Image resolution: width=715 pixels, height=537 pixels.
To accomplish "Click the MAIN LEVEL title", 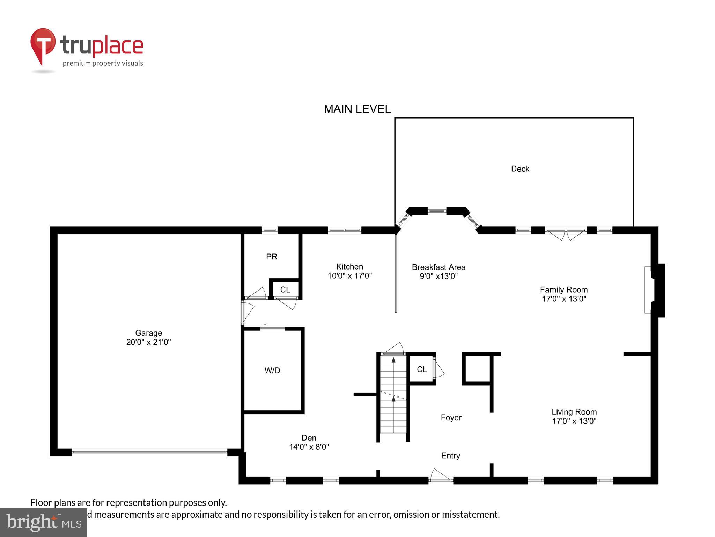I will pos(357,109).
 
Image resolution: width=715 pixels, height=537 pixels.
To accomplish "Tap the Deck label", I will pos(520,169).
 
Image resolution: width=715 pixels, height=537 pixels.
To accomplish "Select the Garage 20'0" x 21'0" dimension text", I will pos(148,342).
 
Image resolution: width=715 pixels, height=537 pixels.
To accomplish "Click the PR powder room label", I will pos(272,257).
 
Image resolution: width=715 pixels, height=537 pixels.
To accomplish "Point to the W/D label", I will pos(272,370).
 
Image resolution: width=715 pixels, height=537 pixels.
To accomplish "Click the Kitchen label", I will pos(349,267).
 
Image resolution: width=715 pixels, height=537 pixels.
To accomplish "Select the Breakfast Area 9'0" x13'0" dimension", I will pos(438,276).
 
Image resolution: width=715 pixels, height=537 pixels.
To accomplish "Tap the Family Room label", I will pos(563,289).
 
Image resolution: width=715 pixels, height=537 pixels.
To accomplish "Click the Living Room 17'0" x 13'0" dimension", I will pos(574,421).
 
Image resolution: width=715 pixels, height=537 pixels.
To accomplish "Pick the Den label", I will pos(309,438).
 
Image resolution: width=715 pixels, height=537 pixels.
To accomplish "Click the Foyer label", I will pos(451,417).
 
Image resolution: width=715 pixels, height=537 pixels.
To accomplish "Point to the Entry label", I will pos(450,456).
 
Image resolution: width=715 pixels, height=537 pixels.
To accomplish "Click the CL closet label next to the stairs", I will pos(422,369).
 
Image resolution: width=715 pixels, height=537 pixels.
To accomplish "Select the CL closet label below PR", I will pos(285,289).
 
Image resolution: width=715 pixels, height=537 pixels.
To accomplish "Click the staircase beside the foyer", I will pos(393,399).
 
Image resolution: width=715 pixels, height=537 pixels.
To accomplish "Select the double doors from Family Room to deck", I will pos(566,233).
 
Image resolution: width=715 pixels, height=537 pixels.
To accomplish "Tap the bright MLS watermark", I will pos(43,522).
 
